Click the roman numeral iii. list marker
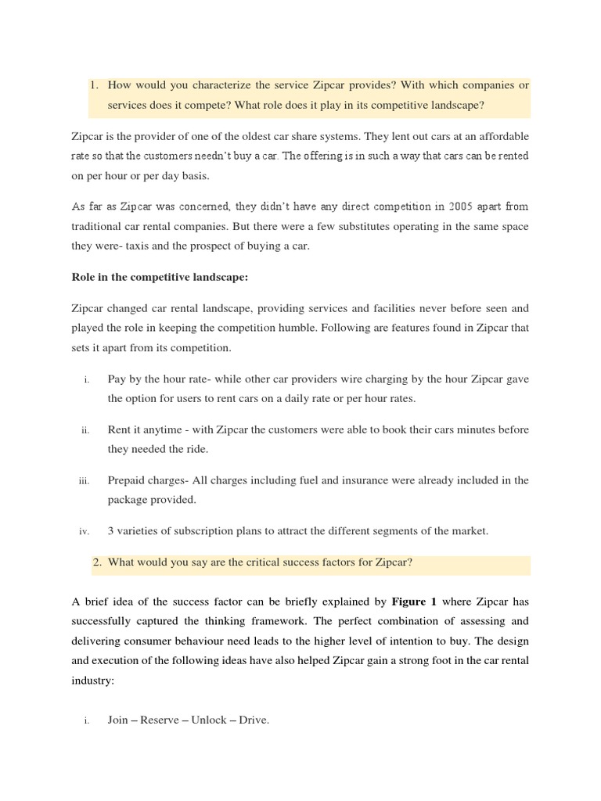coord(85,481)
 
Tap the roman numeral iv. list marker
coord(85,532)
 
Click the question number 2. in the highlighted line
coord(98,562)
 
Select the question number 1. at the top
coord(96,84)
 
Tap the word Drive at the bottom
coord(253,720)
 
